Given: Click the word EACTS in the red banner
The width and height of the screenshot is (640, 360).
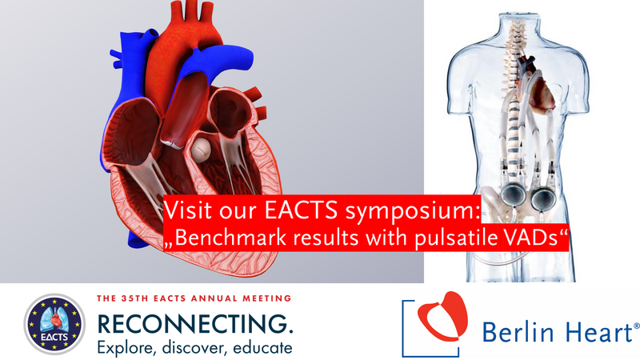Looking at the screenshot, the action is tap(302, 210).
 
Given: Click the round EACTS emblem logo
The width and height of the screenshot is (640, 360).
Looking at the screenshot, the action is tap(54, 324).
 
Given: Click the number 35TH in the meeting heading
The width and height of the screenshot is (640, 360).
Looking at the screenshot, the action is tap(135, 298).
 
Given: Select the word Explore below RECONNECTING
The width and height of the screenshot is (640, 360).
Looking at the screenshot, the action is tap(127, 348).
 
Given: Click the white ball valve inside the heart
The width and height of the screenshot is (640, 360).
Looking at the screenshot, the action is tap(201, 149).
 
